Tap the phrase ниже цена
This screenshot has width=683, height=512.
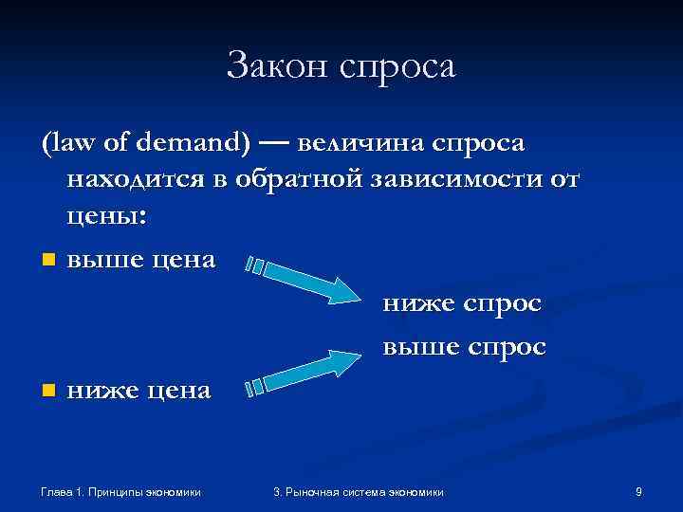click(x=139, y=390)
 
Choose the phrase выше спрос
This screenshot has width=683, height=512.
click(x=464, y=347)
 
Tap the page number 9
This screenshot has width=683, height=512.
click(x=638, y=491)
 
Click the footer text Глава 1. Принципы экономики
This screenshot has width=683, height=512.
click(x=121, y=491)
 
